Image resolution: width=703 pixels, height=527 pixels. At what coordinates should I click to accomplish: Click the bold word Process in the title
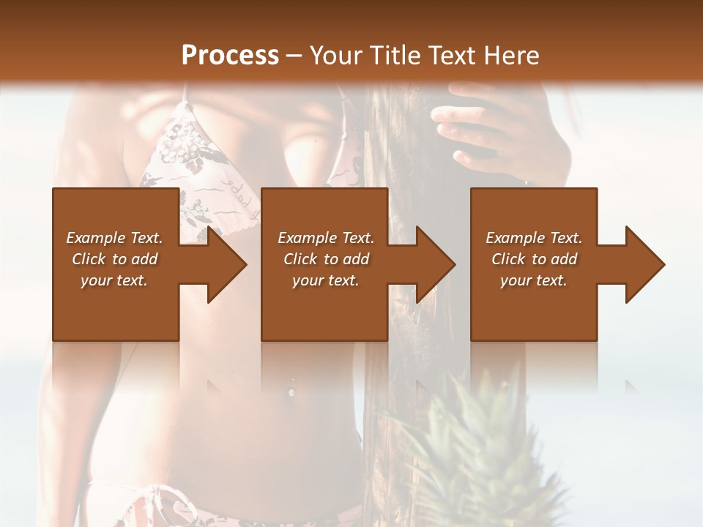pyautogui.click(x=230, y=56)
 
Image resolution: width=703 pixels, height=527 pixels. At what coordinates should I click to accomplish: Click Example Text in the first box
pyautogui.click(x=114, y=238)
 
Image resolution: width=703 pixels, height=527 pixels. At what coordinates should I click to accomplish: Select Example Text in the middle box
pyautogui.click(x=326, y=238)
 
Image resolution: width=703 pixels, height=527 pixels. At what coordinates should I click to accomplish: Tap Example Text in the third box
pyautogui.click(x=534, y=238)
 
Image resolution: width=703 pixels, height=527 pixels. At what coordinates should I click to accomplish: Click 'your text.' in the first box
pyautogui.click(x=114, y=280)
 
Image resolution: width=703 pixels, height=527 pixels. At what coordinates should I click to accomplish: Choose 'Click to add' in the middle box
pyautogui.click(x=326, y=259)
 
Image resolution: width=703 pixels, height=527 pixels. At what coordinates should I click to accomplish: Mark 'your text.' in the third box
pyautogui.click(x=534, y=280)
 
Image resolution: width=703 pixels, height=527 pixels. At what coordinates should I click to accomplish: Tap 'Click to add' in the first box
pyautogui.click(x=114, y=259)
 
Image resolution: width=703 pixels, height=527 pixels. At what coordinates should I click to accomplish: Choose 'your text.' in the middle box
pyautogui.click(x=326, y=280)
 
